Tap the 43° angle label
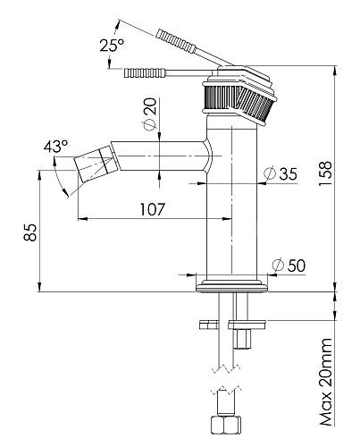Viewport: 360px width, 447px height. [55, 147]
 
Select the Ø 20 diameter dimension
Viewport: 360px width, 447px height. [150, 114]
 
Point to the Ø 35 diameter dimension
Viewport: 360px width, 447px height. [280, 173]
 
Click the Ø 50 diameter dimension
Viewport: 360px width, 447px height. [289, 266]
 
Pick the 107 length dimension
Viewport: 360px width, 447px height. [152, 209]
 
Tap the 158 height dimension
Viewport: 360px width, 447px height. [325, 173]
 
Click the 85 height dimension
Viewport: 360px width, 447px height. [30, 232]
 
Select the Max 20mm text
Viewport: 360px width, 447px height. [326, 382]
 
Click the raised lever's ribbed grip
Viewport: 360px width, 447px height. [176, 41]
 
